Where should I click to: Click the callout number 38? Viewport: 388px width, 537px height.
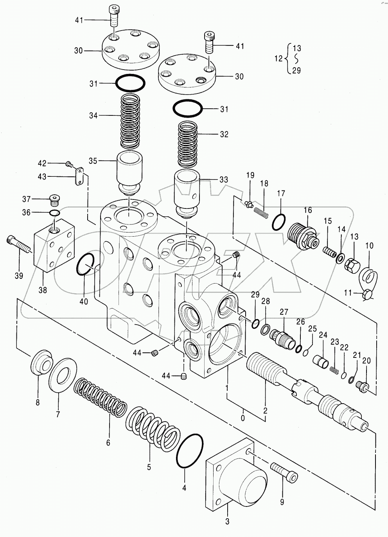(43, 290)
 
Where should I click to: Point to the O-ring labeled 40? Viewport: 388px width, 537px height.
(85, 264)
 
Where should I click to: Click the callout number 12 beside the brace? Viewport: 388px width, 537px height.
(278, 58)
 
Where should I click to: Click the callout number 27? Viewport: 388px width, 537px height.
(284, 312)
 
